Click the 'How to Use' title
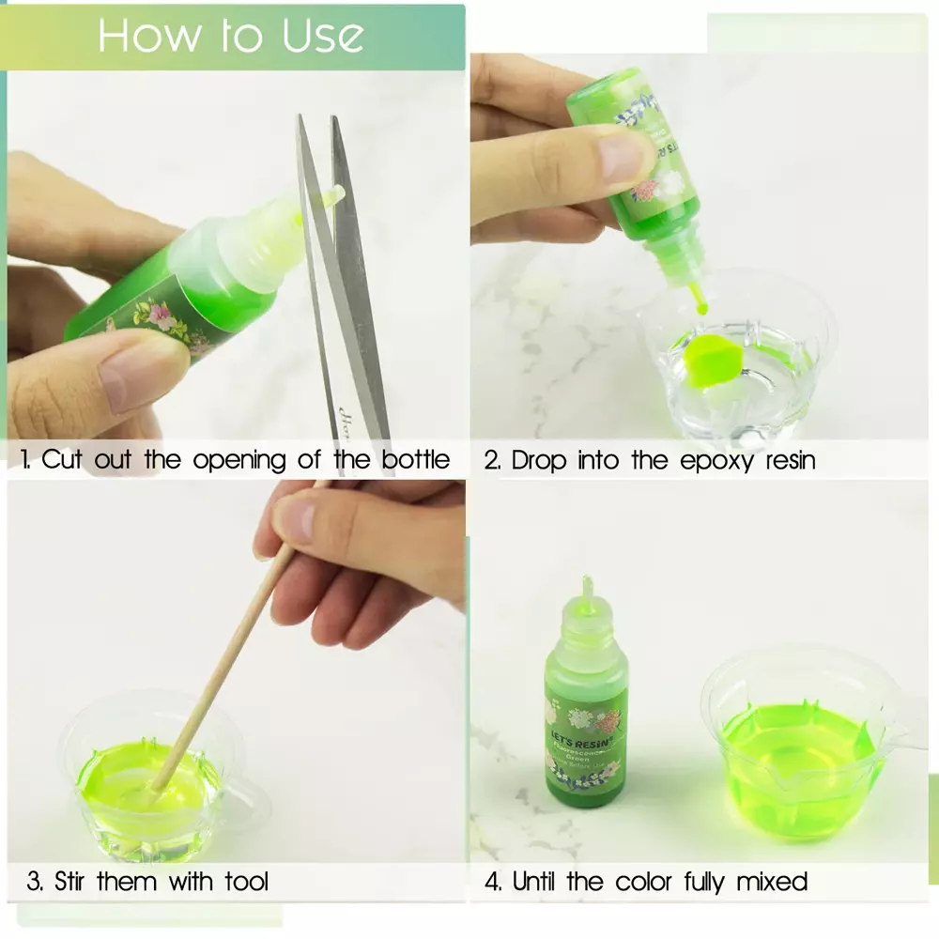pos(231,36)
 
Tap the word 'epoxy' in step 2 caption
pos(691,460)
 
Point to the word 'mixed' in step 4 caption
pos(772,882)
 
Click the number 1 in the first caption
pos(24,460)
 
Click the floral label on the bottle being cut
pos(169,319)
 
